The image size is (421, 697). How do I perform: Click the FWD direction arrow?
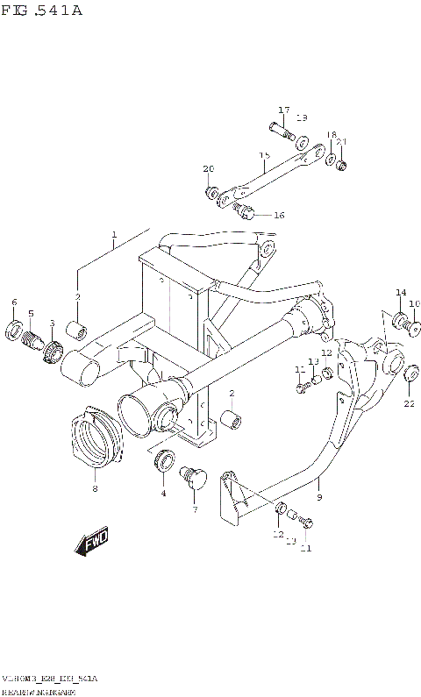coord(92,543)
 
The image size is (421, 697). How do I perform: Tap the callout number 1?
coord(113,235)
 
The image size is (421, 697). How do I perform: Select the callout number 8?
coord(94,489)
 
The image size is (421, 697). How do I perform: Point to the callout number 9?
coord(319,497)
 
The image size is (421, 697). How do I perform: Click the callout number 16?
coord(279,215)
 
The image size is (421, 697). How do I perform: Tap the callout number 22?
coord(408,403)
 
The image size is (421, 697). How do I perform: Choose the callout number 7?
coord(195,509)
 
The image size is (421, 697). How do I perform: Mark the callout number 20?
coord(208,169)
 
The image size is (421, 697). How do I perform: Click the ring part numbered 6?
coord(15,330)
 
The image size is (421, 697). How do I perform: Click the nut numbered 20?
coord(211,191)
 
